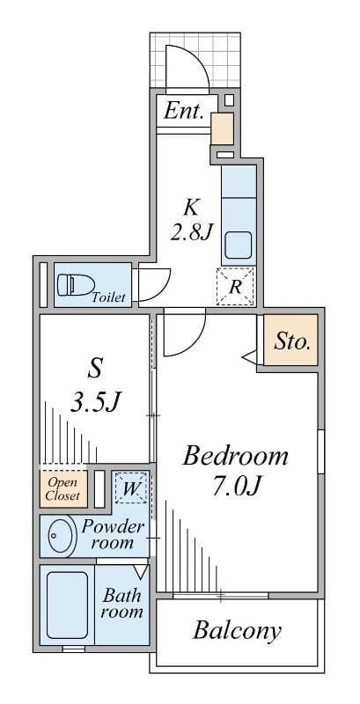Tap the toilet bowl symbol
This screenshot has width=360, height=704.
[x=76, y=284]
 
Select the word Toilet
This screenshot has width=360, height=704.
[x=108, y=297]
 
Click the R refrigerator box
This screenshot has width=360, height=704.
[x=235, y=287]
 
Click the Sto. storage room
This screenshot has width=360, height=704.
[x=290, y=340]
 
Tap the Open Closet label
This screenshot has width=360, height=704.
[x=63, y=489]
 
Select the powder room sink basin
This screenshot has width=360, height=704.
[x=60, y=536]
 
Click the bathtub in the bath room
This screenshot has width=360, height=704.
[x=67, y=605]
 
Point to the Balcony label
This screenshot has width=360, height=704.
[x=237, y=631]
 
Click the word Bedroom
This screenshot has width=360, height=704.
[x=235, y=457]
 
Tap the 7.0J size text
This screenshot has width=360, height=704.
[x=237, y=487]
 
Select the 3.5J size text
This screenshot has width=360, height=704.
[x=96, y=401]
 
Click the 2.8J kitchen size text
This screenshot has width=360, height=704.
[x=190, y=232]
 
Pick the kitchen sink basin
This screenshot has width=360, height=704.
[x=238, y=246]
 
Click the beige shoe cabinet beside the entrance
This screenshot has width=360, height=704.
[x=222, y=128]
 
